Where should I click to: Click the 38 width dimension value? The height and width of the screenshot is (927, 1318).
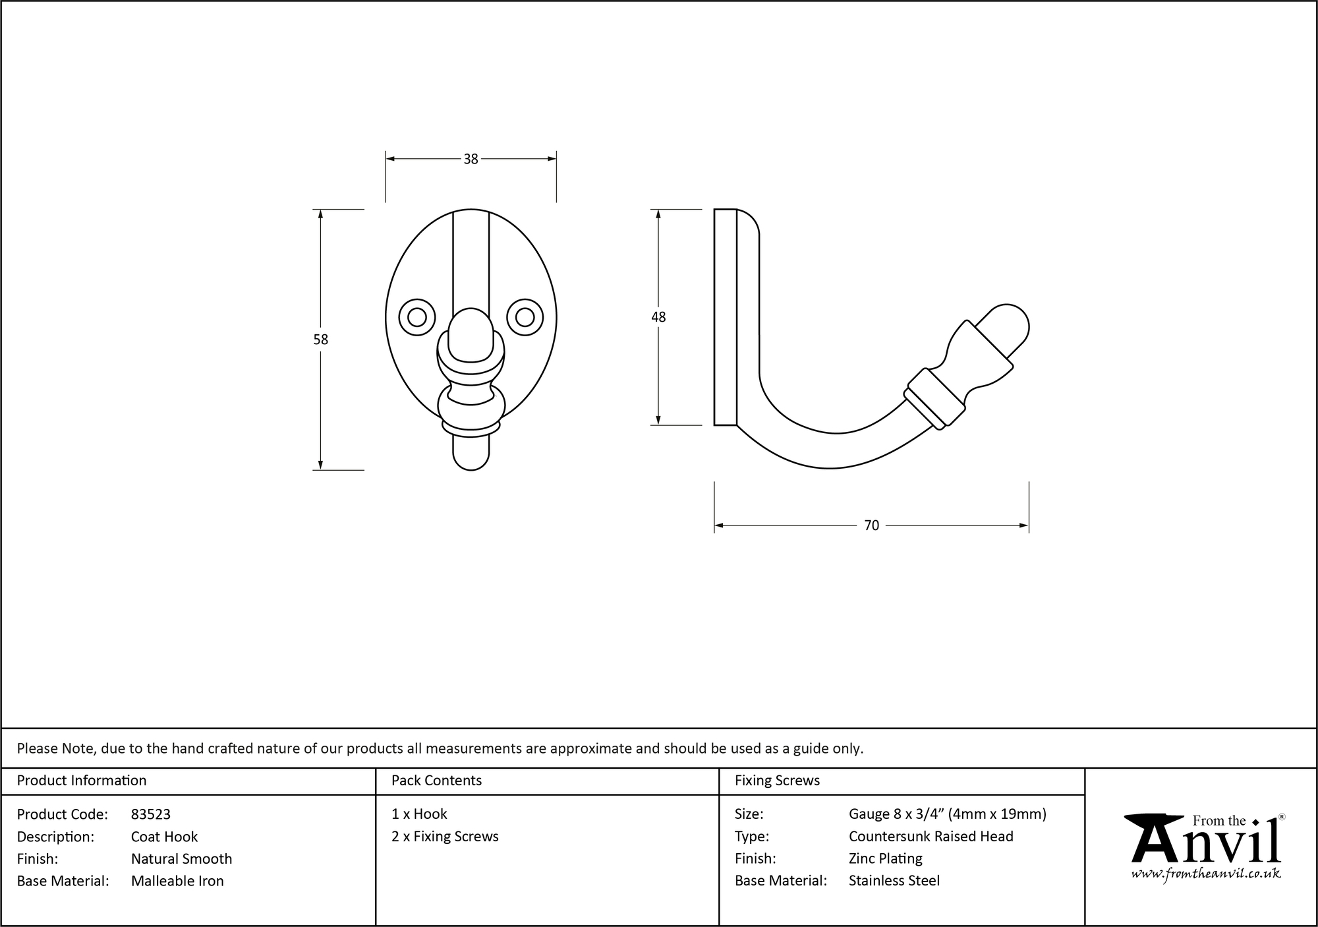[x=471, y=159]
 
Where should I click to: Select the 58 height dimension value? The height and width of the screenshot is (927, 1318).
[x=320, y=340]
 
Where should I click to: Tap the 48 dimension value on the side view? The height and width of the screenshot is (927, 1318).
[x=658, y=317]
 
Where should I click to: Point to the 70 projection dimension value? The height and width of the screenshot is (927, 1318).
[x=871, y=525]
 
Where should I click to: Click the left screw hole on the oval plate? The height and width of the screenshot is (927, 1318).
[x=417, y=318]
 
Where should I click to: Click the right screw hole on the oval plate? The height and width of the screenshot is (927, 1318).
[x=525, y=318]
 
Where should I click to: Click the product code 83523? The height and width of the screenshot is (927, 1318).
[x=151, y=814]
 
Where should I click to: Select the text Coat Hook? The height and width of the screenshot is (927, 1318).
[x=165, y=837]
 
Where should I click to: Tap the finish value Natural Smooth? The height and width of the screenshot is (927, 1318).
[x=182, y=858]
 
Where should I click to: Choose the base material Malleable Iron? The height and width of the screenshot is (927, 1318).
[x=177, y=881]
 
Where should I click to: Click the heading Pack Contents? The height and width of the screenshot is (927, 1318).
[x=436, y=781]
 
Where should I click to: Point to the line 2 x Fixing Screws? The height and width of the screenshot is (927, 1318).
[x=445, y=837]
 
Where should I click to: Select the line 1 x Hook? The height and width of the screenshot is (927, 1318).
[x=419, y=814]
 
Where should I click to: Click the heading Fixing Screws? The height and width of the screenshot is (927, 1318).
[x=778, y=781]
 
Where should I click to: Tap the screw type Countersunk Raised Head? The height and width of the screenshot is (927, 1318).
[x=931, y=837]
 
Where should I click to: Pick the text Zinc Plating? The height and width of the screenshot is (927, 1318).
[x=886, y=858]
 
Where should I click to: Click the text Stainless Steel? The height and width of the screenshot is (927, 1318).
[x=894, y=881]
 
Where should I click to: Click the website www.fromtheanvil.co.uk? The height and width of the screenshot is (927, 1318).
[x=1206, y=874]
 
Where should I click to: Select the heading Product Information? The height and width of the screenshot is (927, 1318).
[x=82, y=781]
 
